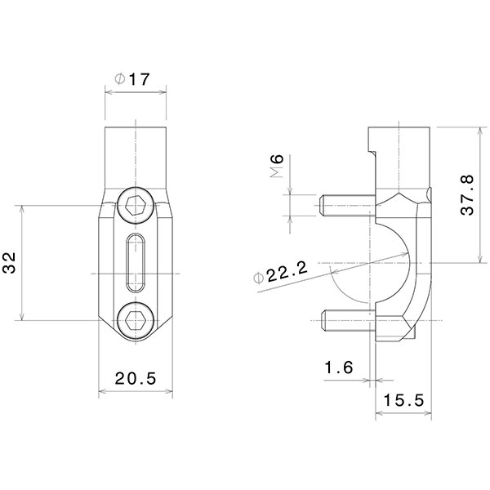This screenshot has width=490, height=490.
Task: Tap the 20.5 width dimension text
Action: point(135,378)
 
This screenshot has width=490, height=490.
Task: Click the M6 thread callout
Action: point(276,168)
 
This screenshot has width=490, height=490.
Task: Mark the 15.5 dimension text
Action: point(404,401)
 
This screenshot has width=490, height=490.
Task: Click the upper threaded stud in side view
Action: point(347,205)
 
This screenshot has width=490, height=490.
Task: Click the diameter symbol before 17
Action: point(118,81)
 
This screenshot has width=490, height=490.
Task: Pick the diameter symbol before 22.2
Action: point(261,278)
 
